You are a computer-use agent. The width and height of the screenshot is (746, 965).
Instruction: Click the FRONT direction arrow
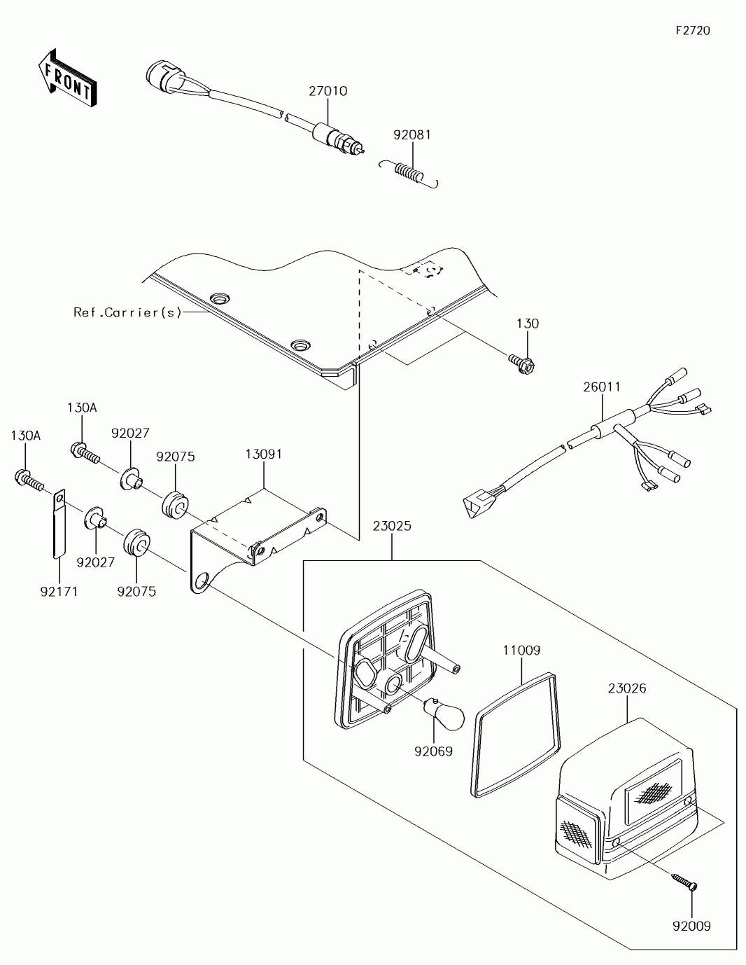click(66, 78)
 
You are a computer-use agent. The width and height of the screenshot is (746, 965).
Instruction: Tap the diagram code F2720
click(693, 30)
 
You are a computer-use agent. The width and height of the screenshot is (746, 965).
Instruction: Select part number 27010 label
click(328, 91)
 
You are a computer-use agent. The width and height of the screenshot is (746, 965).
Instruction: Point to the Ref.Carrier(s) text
click(128, 312)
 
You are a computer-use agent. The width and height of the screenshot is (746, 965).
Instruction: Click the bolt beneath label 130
click(523, 363)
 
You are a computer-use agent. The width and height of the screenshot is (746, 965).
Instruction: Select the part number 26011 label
click(602, 387)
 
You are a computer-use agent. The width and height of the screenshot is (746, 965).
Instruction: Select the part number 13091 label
click(264, 454)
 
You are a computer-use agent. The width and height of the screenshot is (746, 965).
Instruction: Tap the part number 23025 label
click(392, 526)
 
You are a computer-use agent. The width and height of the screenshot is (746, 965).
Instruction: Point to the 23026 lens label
click(626, 688)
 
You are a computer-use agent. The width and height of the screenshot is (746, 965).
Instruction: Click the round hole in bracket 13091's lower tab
click(202, 580)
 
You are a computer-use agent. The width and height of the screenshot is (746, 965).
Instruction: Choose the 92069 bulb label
click(433, 751)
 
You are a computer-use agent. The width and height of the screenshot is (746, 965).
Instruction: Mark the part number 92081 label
click(411, 134)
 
